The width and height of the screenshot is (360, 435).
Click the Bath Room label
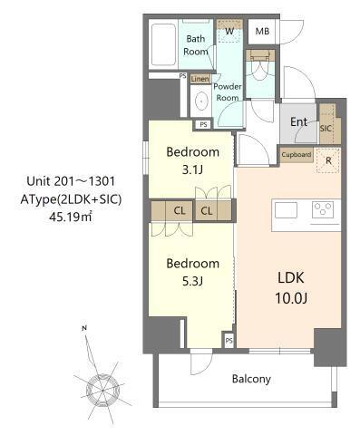pyautogui.click(x=196, y=45)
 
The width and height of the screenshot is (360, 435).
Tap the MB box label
pyautogui.click(x=262, y=32)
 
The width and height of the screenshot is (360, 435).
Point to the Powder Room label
pyautogui.click(x=227, y=92)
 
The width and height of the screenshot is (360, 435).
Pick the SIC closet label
pyautogui.click(x=326, y=129)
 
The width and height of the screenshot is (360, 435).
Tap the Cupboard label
pyautogui.click(x=297, y=155)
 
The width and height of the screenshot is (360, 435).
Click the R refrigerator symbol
pyautogui.click(x=327, y=162)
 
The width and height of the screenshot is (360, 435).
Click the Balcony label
pyautogui.click(x=250, y=380)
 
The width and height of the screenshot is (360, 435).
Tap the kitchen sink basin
pyautogui.click(x=286, y=210)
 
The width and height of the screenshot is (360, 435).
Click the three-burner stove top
pyautogui.click(x=323, y=210)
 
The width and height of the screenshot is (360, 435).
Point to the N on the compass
pyautogui.click(x=83, y=327)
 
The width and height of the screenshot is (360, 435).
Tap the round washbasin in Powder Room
pyautogui.click(x=200, y=102)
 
